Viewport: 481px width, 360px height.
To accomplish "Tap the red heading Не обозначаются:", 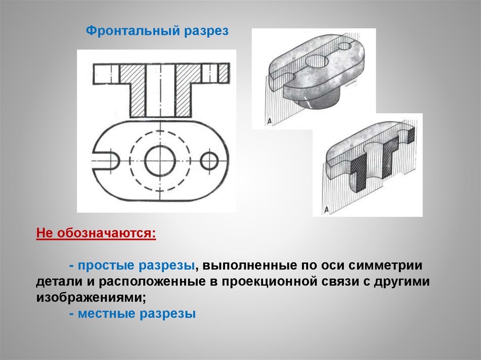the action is (96, 233).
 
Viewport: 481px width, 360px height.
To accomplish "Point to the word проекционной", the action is (269, 282).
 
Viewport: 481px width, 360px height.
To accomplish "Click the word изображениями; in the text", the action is (91, 298).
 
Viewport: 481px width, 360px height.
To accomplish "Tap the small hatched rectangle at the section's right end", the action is (224, 74).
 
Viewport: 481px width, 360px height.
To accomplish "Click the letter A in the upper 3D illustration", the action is (269, 121).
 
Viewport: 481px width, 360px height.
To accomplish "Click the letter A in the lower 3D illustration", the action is (326, 210).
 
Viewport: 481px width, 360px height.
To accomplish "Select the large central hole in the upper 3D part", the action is (317, 61).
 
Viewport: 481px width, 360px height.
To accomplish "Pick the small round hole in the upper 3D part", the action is (344, 46).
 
